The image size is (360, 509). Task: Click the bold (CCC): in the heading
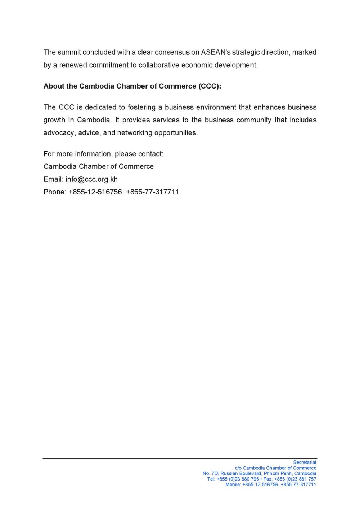[210, 86]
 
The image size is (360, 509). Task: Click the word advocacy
[59, 133]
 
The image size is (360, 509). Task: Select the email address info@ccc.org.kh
[92, 179]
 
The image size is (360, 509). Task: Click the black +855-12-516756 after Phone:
[95, 192]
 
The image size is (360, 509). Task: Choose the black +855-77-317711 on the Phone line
[152, 192]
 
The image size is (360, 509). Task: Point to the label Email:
[53, 179]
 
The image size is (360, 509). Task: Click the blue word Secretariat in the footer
[305, 462]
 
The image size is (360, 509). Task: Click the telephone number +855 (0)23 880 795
[238, 479]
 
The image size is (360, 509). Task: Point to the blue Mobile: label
[233, 485]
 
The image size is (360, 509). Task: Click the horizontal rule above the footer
[180, 459]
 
